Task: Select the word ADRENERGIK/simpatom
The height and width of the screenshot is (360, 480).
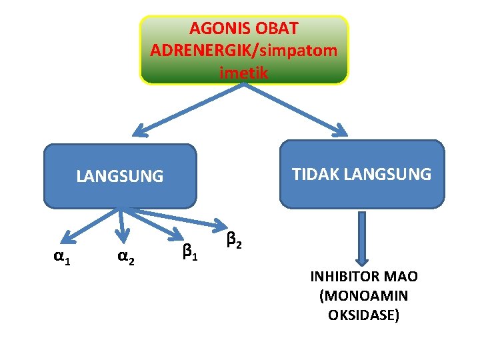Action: [244, 51]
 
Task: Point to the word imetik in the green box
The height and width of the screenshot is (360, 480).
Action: [244, 72]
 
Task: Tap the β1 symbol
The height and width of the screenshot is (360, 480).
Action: [189, 251]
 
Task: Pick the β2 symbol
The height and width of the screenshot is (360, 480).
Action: [234, 237]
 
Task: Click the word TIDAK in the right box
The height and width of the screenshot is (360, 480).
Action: [317, 174]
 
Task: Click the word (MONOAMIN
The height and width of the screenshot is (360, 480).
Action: [364, 295]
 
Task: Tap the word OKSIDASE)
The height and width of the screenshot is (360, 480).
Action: [364, 314]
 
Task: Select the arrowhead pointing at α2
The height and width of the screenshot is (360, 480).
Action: [122, 234]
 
